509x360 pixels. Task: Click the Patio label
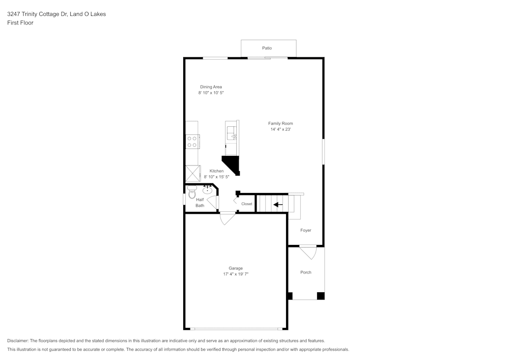click(x=267, y=48)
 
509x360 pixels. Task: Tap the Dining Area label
click(x=211, y=87)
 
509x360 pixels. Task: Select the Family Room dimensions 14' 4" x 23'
click(x=281, y=129)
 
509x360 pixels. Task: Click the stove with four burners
click(x=192, y=142)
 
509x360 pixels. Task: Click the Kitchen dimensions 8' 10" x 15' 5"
click(x=216, y=177)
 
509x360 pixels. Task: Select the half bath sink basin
click(x=208, y=190)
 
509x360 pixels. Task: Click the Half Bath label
click(x=200, y=203)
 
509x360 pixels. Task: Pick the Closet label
click(x=247, y=204)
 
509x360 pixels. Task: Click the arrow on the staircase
click(x=278, y=205)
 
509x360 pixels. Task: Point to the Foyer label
click(x=306, y=230)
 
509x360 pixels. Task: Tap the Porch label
click(x=306, y=272)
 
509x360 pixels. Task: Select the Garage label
click(x=236, y=268)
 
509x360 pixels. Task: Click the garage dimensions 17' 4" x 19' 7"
click(x=236, y=274)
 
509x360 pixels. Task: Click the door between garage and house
click(x=228, y=218)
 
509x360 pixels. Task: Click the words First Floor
click(x=20, y=23)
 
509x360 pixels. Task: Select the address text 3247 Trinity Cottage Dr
click(x=37, y=14)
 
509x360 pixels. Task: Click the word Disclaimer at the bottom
click(x=18, y=341)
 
